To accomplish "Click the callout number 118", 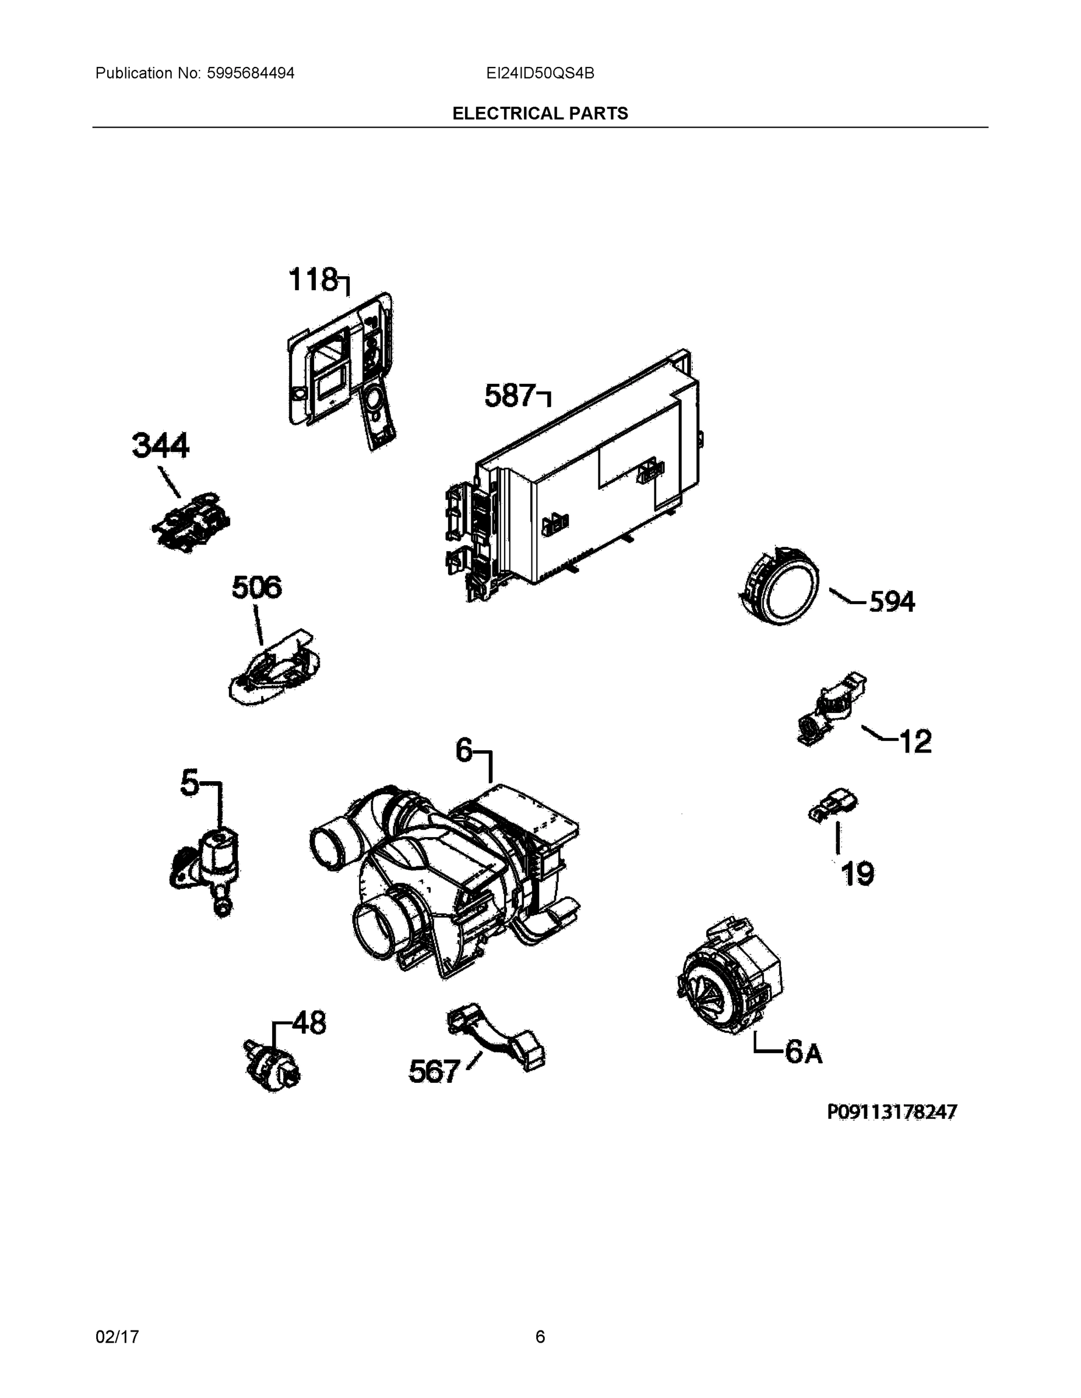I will (312, 280).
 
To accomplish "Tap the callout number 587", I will (509, 396).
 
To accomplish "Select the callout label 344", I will (160, 446).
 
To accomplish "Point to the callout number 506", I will (256, 587).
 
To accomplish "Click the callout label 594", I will (892, 602).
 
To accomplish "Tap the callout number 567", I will (434, 1072).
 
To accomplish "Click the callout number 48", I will (309, 1023).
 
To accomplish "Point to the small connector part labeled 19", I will (833, 807).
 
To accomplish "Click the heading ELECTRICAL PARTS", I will (540, 114).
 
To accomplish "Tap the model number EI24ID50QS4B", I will (540, 73).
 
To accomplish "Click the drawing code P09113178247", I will (892, 1112).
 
